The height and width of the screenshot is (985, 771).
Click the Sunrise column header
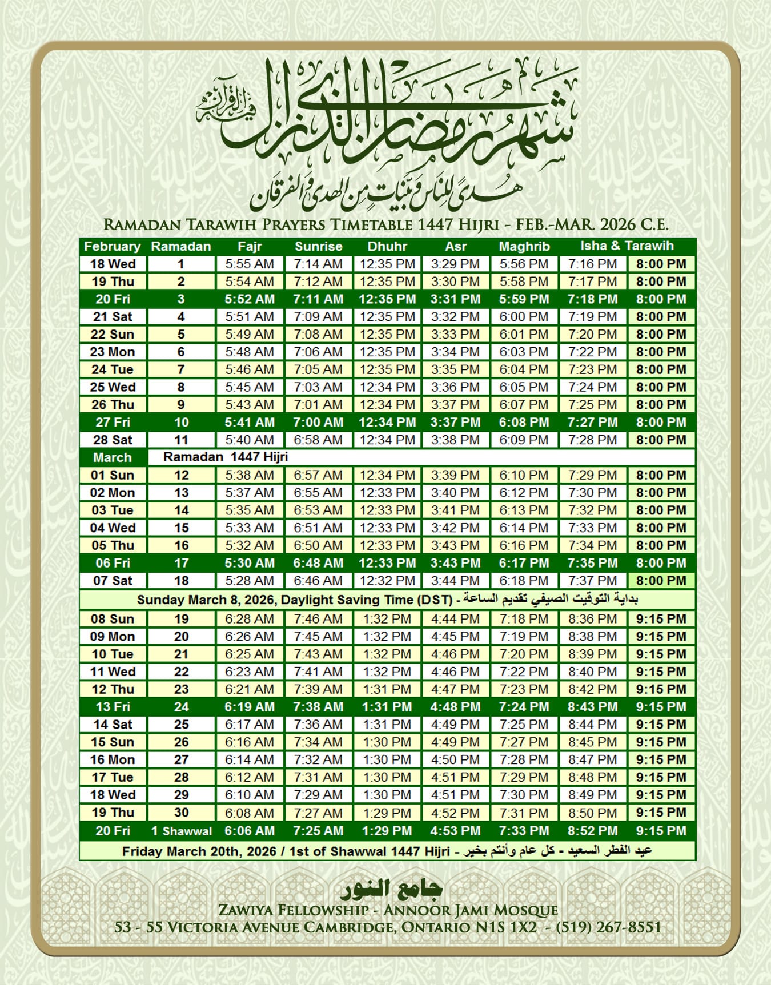318,247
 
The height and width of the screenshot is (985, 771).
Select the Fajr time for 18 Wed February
250,264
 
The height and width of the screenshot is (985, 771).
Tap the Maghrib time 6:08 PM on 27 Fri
524,423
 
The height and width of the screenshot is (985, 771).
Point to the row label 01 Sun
113,475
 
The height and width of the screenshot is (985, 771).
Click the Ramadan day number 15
181,528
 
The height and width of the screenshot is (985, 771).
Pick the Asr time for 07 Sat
455,581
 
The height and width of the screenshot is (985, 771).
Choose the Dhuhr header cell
387,247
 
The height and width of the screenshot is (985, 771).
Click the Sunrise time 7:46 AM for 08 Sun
318,619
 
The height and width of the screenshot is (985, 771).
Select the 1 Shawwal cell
181,831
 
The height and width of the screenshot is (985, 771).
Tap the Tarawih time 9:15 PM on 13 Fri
661,707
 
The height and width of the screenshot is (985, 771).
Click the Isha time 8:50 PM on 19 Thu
592,813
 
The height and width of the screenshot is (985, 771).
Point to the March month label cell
113,457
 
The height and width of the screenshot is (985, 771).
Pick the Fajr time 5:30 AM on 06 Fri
250,563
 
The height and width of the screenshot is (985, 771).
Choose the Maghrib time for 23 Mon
524,352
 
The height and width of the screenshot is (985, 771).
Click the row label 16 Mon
113,760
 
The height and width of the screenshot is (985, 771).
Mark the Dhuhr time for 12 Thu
387,689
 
